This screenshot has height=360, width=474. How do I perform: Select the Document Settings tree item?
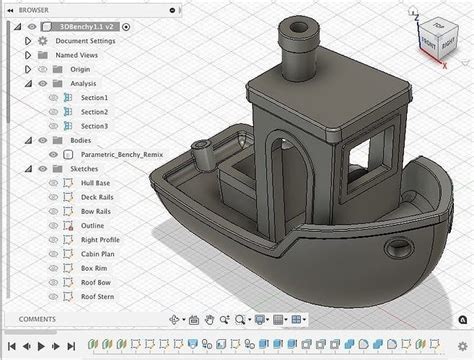click(x=84, y=41)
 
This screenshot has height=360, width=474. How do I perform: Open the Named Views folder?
click(x=77, y=55)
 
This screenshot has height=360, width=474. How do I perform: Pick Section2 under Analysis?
click(x=94, y=112)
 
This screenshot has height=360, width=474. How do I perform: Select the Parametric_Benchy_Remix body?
click(x=123, y=155)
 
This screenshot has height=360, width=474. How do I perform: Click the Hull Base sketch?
click(x=97, y=184)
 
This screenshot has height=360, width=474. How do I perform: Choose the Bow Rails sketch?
click(x=97, y=212)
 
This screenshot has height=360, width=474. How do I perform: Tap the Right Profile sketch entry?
click(x=101, y=241)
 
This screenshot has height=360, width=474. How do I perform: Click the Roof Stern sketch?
click(x=99, y=298)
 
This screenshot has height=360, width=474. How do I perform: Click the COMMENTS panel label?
click(x=36, y=319)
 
